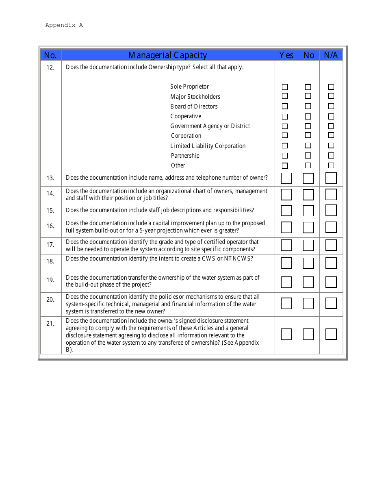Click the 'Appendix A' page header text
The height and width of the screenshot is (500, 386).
64,25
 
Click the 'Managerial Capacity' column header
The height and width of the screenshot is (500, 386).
167,55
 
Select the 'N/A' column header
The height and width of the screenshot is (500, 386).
331,55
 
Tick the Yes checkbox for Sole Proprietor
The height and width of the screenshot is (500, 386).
285,87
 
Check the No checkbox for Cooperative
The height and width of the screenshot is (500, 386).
308,117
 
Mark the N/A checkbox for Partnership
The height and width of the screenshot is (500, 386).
331,156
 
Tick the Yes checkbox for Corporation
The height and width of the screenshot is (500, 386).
285,136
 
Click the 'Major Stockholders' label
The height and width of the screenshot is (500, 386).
195,97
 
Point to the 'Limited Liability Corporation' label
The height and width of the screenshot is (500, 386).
208,146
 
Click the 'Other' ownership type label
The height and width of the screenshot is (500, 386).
178,165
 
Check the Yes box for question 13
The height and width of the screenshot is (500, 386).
286,178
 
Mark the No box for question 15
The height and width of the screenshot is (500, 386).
308,211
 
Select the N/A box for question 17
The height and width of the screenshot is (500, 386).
331,245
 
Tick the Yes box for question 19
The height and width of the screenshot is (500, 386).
286,282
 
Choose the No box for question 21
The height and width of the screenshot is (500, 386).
308,334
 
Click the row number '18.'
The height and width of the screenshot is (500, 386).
50,261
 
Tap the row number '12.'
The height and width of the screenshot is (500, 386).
50,67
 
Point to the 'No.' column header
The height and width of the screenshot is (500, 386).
50,55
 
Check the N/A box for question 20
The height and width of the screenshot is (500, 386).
331,303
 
